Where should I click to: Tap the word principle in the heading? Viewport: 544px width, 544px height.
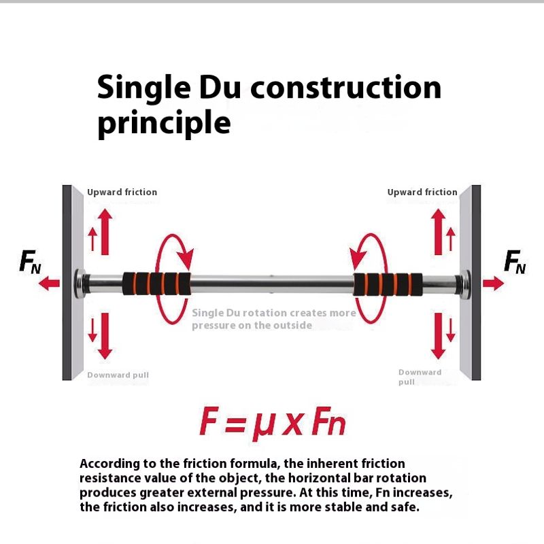coord(164,123)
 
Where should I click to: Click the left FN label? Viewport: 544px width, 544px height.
coord(31,261)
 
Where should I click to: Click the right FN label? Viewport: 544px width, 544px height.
coord(515,261)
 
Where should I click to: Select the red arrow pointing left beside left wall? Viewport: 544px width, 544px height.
coord(49,284)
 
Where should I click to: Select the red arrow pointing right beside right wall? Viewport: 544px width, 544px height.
coord(494,284)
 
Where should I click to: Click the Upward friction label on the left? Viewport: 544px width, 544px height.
coord(122,192)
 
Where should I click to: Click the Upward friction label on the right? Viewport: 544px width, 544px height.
coord(422,192)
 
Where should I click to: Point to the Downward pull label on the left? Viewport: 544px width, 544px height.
coord(118,375)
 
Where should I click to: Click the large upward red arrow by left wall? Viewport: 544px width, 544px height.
coord(104,231)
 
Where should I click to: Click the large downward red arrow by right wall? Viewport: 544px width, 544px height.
coord(439,336)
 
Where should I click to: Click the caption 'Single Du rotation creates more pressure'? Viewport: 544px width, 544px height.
coord(273,319)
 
